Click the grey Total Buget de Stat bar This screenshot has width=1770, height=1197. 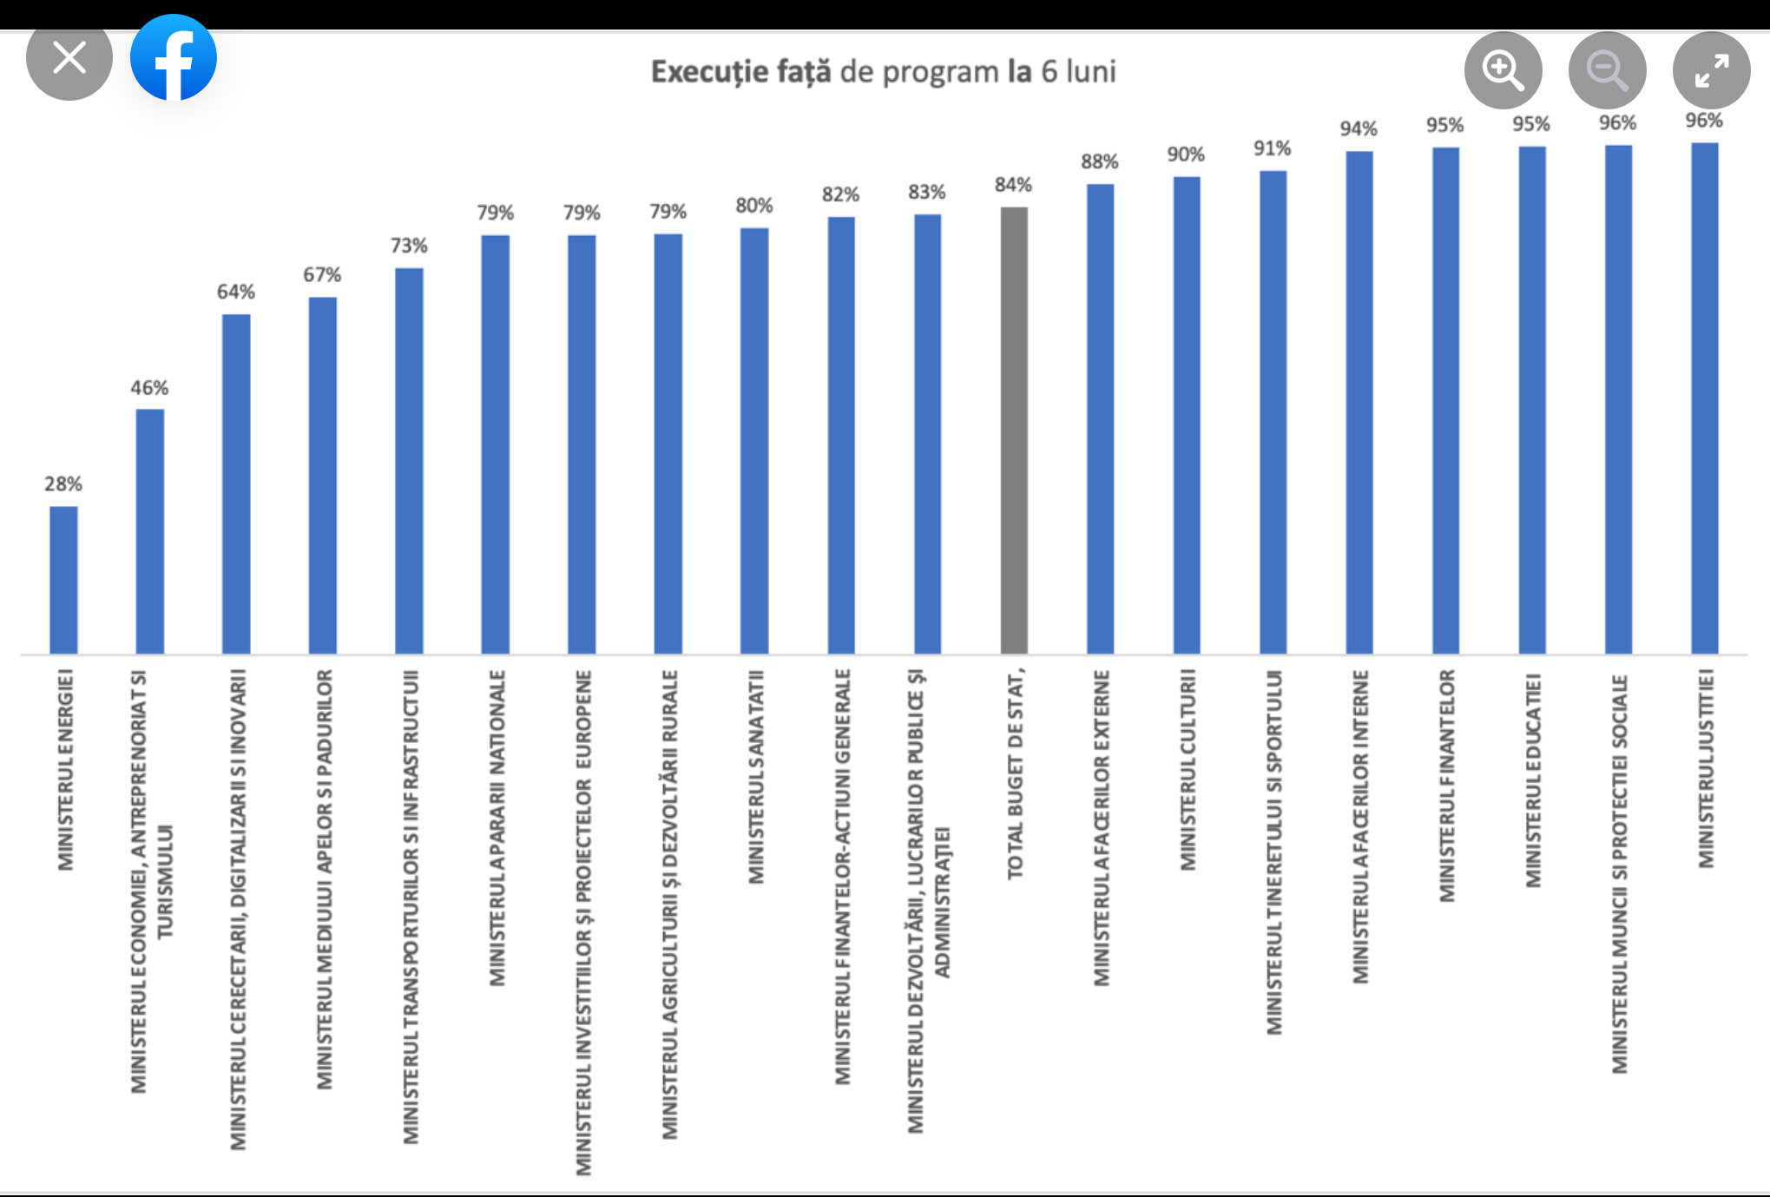[1014, 430]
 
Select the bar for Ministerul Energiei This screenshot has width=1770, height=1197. [63, 579]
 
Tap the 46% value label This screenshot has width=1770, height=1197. [149, 388]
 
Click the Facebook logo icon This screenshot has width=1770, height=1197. [174, 57]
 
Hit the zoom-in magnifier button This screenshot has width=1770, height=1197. [1503, 69]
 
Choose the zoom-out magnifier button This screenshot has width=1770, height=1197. [1607, 69]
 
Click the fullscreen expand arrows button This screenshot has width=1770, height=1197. [1711, 69]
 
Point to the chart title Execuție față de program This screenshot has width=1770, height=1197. [883, 71]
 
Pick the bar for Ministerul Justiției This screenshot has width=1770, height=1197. [1705, 398]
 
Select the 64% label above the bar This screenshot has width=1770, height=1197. [235, 292]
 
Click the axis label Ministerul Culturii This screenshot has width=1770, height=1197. [1188, 769]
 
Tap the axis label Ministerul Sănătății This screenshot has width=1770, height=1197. [756, 776]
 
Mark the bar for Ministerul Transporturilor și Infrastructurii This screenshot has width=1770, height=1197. [409, 460]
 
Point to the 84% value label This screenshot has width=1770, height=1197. [1013, 185]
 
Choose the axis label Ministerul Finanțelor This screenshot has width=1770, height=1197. [1446, 785]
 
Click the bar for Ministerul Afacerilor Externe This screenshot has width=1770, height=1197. [1100, 418]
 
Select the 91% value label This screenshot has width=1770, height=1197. [1272, 148]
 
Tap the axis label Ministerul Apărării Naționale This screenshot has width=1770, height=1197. [497, 827]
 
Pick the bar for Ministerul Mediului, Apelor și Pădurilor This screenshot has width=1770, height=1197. [323, 475]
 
